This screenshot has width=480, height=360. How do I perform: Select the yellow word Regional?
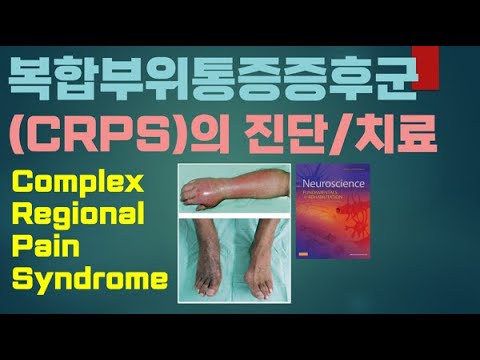(x=82, y=215)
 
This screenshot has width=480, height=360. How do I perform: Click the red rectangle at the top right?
(x=423, y=66)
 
